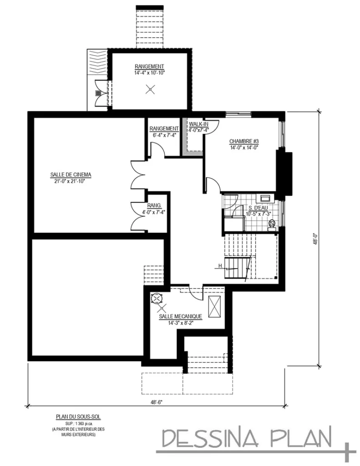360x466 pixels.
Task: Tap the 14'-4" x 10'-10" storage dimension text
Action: coord(149,73)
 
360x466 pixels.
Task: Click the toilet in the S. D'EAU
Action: coord(272,224)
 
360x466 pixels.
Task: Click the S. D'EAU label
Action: coord(258,208)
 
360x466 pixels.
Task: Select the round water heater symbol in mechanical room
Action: coord(156,298)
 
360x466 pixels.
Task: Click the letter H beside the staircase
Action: coord(220,266)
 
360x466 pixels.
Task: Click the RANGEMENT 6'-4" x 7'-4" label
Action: coord(163,132)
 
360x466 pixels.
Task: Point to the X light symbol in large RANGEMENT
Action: coord(150,90)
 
